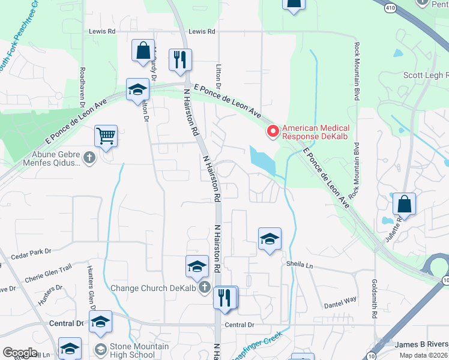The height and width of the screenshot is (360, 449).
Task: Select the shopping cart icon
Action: tap(106, 136)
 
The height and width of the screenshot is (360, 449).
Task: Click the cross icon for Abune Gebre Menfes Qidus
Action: tap(89, 158)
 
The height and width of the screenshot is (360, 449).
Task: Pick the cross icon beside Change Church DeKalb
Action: tap(205, 288)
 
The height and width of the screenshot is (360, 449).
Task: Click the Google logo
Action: tap(20, 352)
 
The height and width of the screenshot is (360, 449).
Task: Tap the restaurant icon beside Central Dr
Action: tap(225, 298)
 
